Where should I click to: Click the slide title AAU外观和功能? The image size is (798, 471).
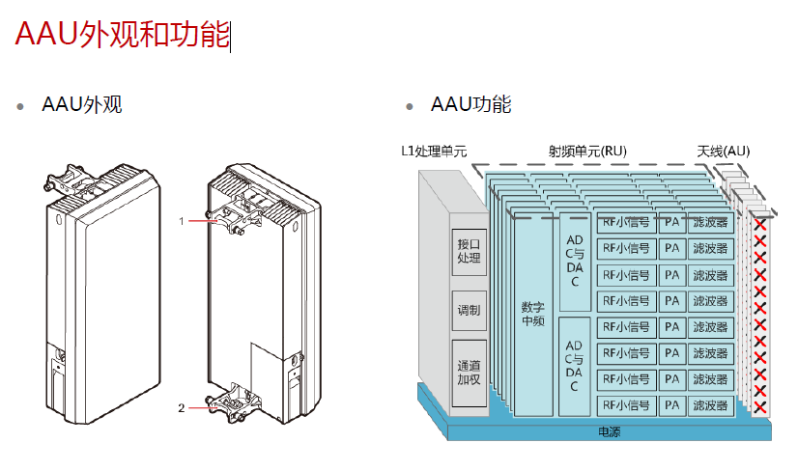pos(122,35)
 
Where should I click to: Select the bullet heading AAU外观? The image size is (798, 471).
pos(82,105)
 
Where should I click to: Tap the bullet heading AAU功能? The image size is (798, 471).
pos(470,105)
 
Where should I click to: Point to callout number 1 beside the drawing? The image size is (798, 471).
pos(181,221)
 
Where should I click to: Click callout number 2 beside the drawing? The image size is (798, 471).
pos(181,407)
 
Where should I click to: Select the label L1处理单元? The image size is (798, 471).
pos(434,152)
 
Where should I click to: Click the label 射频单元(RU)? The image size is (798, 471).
pos(587,152)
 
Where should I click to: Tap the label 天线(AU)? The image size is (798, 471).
pos(724,152)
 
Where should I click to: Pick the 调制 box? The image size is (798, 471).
pos(469,311)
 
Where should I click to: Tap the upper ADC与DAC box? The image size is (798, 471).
pos(574,261)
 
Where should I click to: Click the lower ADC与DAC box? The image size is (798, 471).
pos(574,366)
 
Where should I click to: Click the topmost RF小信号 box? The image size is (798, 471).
pos(626,222)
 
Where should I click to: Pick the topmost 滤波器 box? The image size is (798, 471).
pos(712,222)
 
